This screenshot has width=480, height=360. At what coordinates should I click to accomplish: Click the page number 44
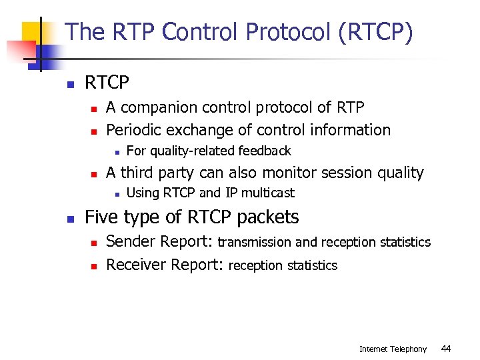(x=447, y=349)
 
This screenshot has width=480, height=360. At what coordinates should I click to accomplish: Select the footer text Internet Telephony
(x=393, y=349)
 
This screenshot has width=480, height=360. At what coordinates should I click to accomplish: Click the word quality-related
(x=192, y=151)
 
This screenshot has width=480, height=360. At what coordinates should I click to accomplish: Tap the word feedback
(x=265, y=151)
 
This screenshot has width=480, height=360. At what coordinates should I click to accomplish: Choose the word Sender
(x=131, y=241)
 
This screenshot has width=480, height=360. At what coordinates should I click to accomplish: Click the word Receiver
(x=137, y=265)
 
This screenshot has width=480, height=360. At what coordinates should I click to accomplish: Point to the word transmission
(x=255, y=242)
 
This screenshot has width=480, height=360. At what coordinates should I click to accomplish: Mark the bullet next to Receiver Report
(x=94, y=266)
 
